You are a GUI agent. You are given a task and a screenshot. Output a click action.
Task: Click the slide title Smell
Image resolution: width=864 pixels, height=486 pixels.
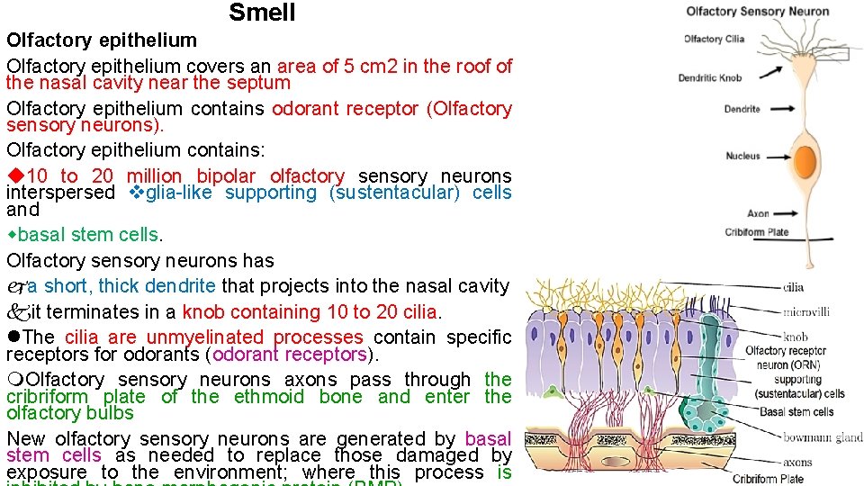pos(262,13)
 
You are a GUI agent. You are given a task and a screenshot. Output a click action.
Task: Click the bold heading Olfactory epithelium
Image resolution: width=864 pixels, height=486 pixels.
pos(102,40)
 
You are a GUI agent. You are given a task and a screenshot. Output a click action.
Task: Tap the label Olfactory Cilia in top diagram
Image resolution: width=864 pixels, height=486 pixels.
pos(714,39)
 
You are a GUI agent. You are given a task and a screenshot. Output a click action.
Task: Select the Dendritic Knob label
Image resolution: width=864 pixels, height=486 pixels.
pos(710,78)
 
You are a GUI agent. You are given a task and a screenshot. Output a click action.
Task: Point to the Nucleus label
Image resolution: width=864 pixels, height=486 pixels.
pos(742,156)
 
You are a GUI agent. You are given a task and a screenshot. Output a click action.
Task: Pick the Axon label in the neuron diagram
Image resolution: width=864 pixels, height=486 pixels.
pos(758,213)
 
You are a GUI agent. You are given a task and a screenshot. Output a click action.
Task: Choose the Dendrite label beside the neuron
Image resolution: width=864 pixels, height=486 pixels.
pos(742,109)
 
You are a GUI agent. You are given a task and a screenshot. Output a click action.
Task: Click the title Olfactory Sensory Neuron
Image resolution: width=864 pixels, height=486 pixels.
pos(757,12)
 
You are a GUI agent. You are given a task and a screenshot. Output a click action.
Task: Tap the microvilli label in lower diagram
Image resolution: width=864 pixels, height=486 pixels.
pos(805,312)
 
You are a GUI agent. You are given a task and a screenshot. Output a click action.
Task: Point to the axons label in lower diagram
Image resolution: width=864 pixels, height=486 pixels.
pos(796,463)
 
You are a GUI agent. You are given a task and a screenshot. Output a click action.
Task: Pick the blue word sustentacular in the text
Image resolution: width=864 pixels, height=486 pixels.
pos(391,193)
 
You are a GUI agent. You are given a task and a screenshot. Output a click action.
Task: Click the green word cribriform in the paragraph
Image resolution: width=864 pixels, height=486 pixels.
pos(47,397)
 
